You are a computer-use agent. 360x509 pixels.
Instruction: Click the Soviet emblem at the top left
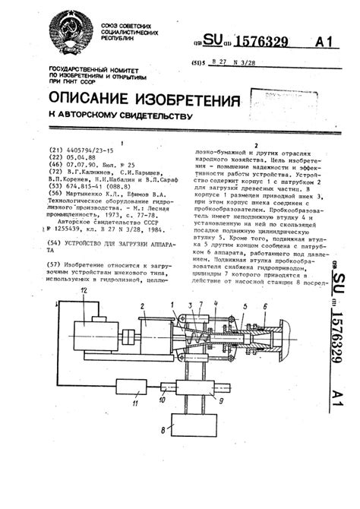coord(70,39)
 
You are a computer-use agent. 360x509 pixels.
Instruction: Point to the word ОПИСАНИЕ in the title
coord(91,100)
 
